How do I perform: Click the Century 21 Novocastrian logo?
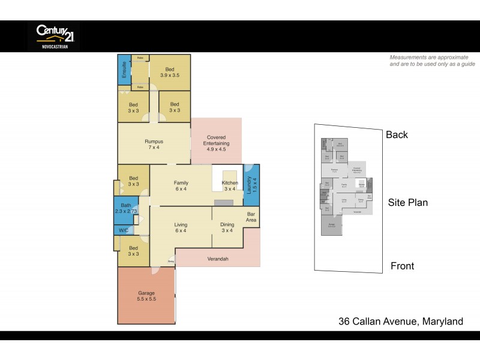(53, 36)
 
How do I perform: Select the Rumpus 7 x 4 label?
(154, 144)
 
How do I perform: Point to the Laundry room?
(251, 186)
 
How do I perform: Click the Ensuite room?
(124, 70)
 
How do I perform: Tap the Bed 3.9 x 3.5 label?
(170, 72)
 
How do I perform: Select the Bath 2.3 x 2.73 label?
(126, 208)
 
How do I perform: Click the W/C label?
(124, 230)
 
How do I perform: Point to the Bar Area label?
(251, 217)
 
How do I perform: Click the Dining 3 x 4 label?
(228, 227)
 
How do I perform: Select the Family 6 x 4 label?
(181, 185)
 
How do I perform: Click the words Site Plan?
(408, 202)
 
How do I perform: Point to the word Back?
(397, 134)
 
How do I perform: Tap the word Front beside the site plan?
(402, 266)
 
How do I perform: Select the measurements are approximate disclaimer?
(432, 60)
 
